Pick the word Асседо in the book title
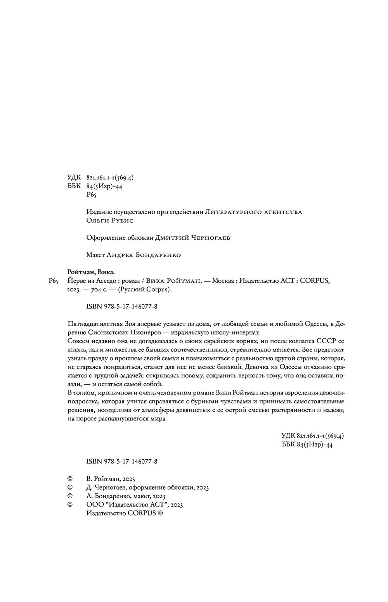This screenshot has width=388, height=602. (x=100, y=281)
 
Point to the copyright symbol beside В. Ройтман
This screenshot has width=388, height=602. (x=70, y=479)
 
